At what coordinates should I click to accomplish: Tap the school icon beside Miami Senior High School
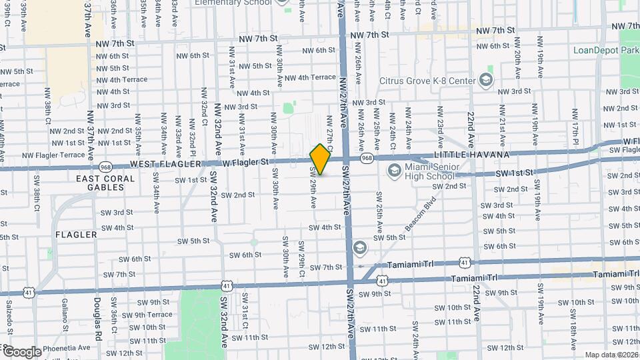click(394, 171)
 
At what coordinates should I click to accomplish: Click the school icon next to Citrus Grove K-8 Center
click(485, 81)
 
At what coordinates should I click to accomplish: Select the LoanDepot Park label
click(606, 50)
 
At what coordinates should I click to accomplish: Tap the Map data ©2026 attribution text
click(611, 355)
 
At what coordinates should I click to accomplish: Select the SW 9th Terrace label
click(147, 315)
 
